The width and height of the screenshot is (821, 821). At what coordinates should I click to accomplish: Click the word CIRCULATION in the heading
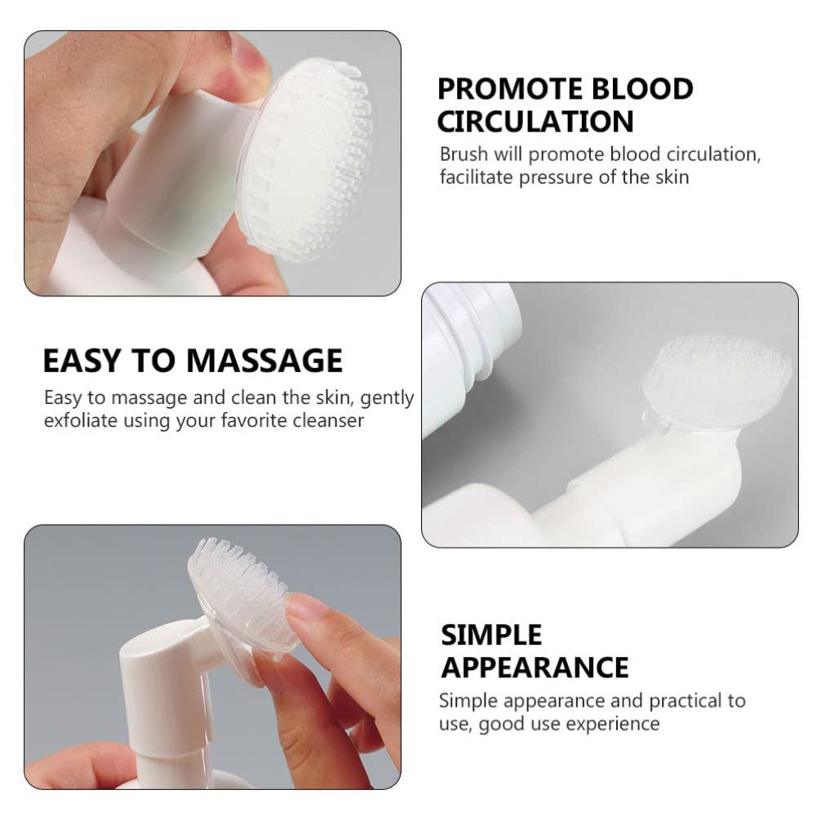coord(535,121)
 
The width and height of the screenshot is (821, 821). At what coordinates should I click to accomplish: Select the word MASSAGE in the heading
coord(264,361)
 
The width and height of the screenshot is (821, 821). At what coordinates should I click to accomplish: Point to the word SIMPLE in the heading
coord(491,635)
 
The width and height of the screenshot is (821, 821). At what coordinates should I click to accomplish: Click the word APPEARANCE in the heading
coord(535,667)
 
